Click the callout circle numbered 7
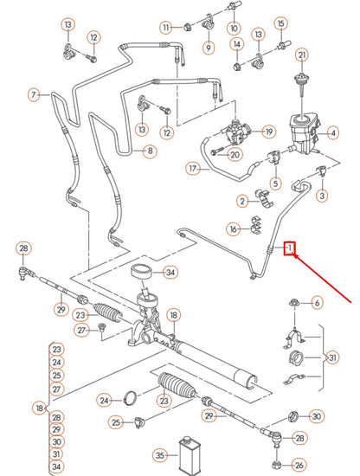point(35,93)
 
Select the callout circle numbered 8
point(151,151)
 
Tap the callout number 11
point(166,28)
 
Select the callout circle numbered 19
point(269,132)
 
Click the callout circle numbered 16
point(233,228)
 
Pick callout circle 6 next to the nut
point(316,302)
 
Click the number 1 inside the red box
point(292,250)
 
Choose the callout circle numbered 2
point(242,201)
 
